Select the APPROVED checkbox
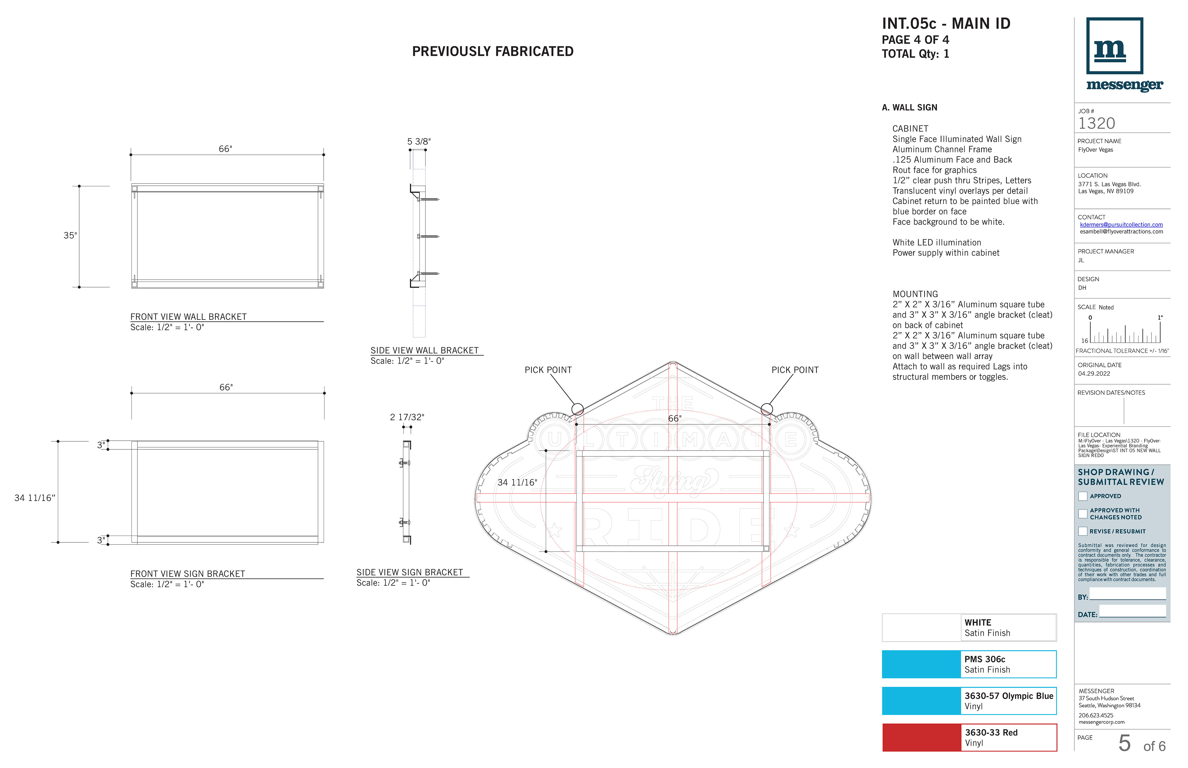[x=1083, y=496]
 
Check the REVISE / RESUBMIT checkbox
[x=1083, y=531]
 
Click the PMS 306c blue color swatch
[x=921, y=664]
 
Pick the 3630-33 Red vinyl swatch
[x=921, y=738]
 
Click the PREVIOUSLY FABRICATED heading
[x=493, y=51]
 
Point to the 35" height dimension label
[x=70, y=235]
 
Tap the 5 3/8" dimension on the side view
[x=419, y=142]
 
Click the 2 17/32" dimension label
[x=407, y=418]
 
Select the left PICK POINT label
[x=548, y=370]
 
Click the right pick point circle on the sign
[x=767, y=409]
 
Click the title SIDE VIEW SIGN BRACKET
[x=409, y=572]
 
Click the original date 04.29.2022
[x=1094, y=374]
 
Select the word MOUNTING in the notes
[x=915, y=294]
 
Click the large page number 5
[x=1124, y=743]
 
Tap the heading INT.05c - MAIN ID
[x=946, y=23]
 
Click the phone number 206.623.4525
[x=1096, y=715]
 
